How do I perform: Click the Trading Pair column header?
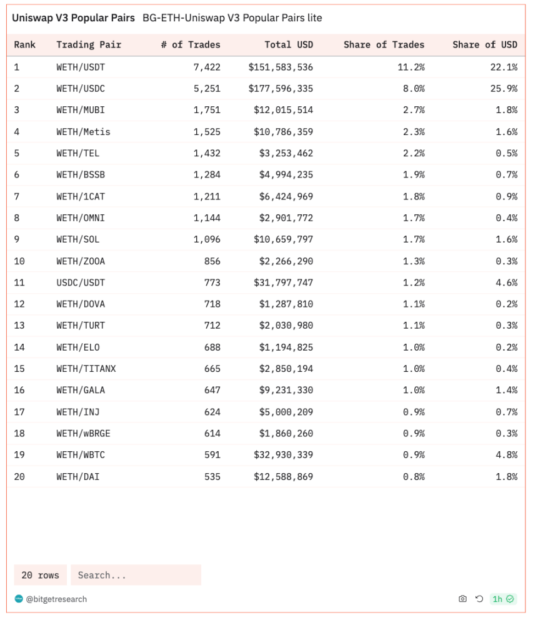click(x=89, y=45)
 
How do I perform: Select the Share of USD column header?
click(x=485, y=45)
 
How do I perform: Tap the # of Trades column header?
click(x=191, y=45)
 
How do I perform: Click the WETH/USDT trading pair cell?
click(x=81, y=67)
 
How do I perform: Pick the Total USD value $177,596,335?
click(x=281, y=89)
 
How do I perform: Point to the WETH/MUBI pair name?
click(x=81, y=110)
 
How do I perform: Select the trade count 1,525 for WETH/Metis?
click(x=207, y=132)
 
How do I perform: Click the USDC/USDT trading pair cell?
click(x=81, y=282)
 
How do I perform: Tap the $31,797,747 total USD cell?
click(x=283, y=282)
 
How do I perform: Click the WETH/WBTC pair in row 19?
click(x=81, y=455)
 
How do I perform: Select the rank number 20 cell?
click(x=19, y=477)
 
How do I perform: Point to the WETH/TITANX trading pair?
click(x=86, y=369)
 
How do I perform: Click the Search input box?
click(x=136, y=575)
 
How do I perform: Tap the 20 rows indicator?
click(x=40, y=575)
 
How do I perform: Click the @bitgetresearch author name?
click(x=56, y=599)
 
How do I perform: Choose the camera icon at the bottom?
click(x=462, y=599)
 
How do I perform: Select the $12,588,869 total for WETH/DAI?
click(x=283, y=477)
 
